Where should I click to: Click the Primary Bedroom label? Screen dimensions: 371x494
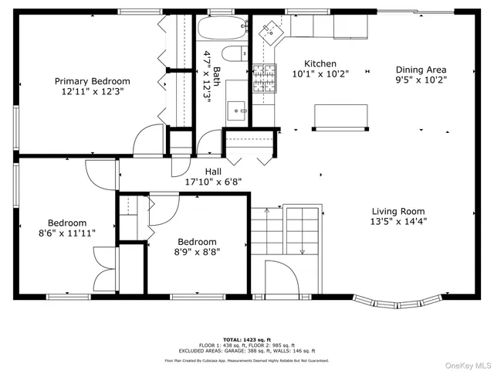click(x=92, y=81)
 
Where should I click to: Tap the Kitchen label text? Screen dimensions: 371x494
click(x=320, y=64)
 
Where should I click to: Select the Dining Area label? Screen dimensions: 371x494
click(x=421, y=70)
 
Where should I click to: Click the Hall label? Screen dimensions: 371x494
click(x=214, y=172)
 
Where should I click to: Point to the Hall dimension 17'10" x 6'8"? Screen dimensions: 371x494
click(x=214, y=182)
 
